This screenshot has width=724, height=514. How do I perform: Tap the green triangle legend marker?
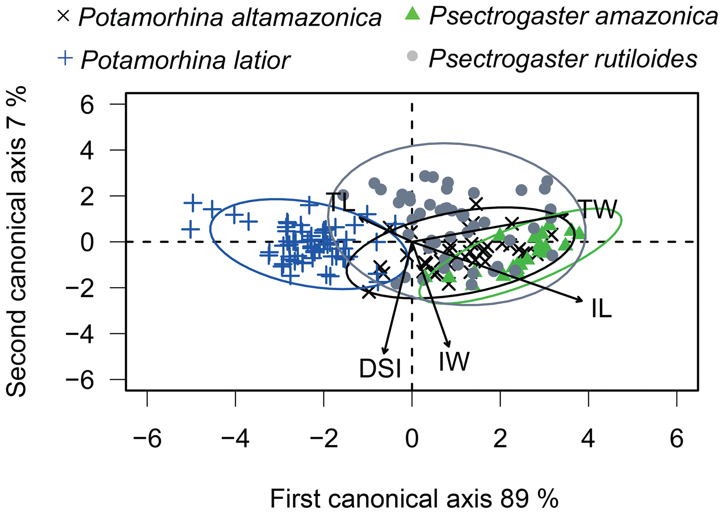point(412,14)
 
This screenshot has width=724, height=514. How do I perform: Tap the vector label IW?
point(454,361)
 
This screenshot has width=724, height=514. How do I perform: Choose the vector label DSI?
point(380,369)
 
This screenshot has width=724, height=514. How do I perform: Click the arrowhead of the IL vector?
point(581,300)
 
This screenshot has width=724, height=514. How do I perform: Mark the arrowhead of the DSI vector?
point(384,353)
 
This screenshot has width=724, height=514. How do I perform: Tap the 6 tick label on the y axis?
point(87,105)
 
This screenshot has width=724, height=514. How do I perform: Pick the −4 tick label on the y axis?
point(80,334)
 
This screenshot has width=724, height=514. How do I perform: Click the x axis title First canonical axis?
point(414,499)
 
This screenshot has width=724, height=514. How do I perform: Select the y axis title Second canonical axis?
point(16,242)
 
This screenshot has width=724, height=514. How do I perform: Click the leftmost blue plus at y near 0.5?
point(191,229)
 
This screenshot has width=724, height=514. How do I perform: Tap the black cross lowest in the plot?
point(368,292)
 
